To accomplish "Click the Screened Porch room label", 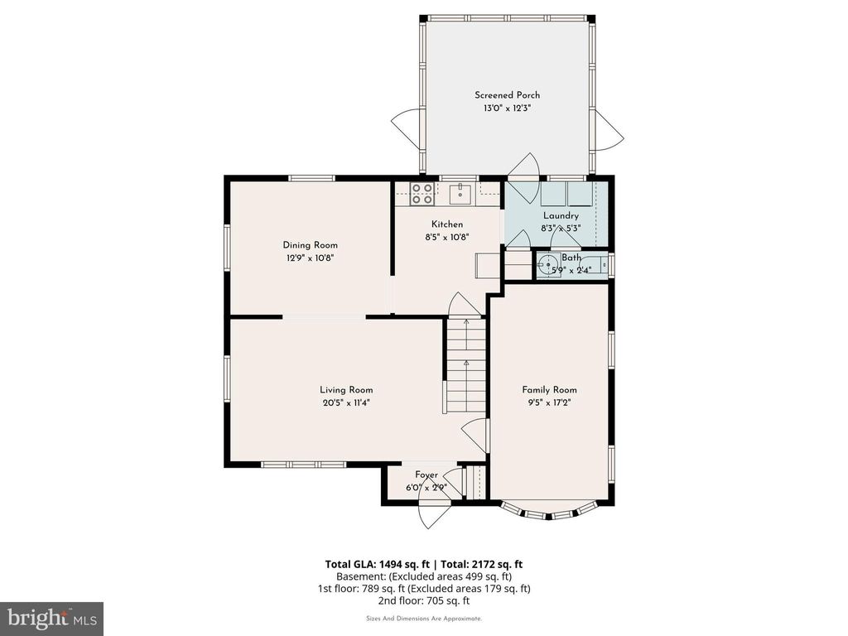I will tap(507, 95).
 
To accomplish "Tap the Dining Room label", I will tap(310, 245).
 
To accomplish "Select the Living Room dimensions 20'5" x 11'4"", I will tap(346, 403).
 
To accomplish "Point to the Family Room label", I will tap(549, 390).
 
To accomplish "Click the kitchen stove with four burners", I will tap(422, 194).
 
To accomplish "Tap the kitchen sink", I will tap(460, 194).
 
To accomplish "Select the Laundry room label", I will tap(561, 216).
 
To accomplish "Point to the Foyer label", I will tap(426, 475).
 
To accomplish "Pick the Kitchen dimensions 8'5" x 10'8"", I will tap(446, 237).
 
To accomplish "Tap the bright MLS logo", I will tap(51, 618).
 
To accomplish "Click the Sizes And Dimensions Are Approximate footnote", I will tap(423, 619).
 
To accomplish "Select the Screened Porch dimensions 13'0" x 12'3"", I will tap(507, 108).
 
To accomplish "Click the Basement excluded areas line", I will tap(423, 576).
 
